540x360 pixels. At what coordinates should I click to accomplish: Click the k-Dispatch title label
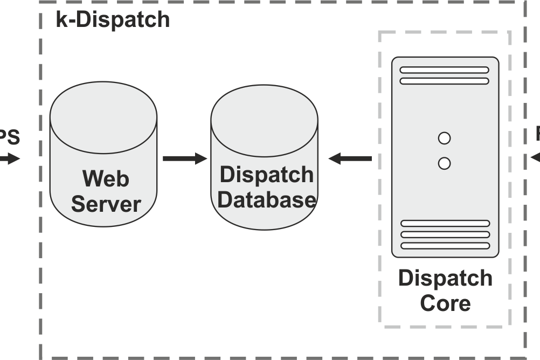(113, 19)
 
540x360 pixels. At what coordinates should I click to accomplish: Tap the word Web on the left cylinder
(106, 178)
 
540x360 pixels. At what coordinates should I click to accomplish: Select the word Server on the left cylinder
(106, 204)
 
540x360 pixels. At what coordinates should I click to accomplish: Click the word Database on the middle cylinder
(267, 200)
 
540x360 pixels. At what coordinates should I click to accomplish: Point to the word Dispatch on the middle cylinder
(267, 175)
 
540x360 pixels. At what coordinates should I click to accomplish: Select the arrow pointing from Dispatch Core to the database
(350, 158)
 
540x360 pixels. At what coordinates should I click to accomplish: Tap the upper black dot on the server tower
(444, 139)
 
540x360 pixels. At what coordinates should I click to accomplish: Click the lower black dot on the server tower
(444, 163)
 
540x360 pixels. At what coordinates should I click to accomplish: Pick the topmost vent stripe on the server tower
(444, 70)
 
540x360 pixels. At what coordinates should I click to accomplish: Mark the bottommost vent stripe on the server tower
(445, 246)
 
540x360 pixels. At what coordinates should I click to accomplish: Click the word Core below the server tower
(445, 303)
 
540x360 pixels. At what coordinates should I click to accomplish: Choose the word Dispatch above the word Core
(445, 279)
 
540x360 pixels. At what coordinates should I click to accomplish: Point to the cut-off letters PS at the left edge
(10, 137)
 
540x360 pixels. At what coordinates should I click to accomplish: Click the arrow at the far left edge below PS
(10, 158)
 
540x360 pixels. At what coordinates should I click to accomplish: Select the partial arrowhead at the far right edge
(535, 158)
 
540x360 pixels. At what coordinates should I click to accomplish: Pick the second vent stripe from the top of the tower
(444, 81)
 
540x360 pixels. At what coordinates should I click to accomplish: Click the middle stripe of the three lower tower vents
(445, 234)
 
